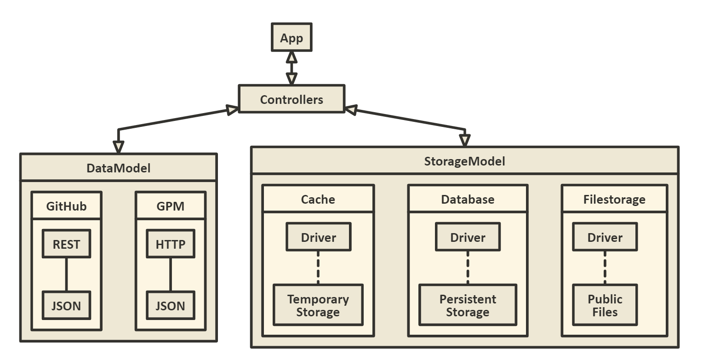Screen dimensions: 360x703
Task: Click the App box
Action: coord(291,38)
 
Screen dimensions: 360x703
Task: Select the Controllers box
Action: coord(291,99)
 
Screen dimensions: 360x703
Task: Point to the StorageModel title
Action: coord(464,161)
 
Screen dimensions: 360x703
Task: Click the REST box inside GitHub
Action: coord(66,244)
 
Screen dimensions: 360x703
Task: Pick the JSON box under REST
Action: coord(66,305)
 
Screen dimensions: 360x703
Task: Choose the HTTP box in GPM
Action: coord(170,244)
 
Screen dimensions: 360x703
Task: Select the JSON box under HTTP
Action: coord(170,305)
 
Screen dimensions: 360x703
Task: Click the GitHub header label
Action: coord(66,206)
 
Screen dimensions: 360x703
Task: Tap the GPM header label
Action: coord(170,206)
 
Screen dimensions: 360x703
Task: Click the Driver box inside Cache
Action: coord(318,237)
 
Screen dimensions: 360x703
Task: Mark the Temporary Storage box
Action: coord(318,305)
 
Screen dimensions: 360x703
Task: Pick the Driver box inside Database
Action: coord(468,237)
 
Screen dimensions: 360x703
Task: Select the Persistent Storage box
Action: coord(468,305)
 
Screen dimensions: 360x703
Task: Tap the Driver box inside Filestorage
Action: coord(605,237)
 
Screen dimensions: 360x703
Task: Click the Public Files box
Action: coord(605,305)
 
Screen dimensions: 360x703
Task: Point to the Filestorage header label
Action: coord(614,200)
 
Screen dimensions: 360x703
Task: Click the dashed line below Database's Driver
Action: coord(468,268)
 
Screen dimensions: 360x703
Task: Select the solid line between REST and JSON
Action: coord(66,274)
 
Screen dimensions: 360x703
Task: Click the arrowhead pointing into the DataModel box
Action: coord(119,147)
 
